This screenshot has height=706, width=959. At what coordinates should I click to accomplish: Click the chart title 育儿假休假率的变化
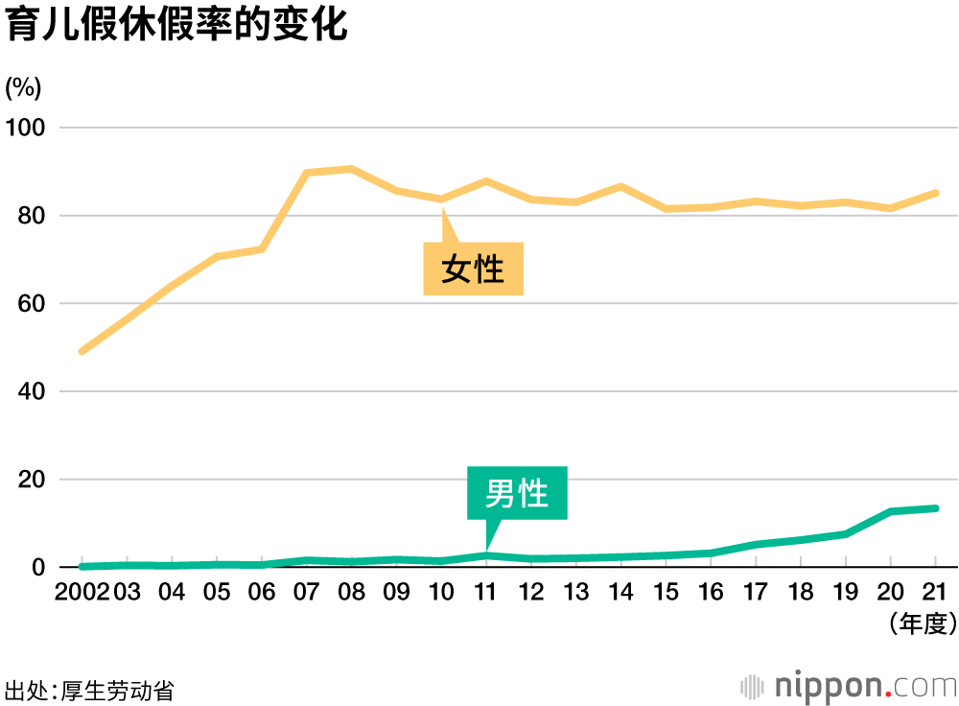tap(176, 26)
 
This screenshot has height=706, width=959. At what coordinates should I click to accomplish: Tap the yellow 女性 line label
tap(473, 269)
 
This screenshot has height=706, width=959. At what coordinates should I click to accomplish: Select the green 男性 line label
tap(517, 493)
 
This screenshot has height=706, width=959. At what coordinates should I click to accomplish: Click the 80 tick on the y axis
tap(32, 216)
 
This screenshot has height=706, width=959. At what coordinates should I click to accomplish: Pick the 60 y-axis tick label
tap(32, 304)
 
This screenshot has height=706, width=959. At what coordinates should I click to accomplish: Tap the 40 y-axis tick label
tap(32, 391)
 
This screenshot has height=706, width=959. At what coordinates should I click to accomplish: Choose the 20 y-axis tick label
tap(32, 480)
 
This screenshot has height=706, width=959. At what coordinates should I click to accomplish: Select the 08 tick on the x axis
tap(351, 591)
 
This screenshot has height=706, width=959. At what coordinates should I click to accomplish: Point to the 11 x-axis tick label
tap(485, 591)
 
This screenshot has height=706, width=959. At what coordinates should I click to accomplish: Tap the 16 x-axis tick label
tap(711, 591)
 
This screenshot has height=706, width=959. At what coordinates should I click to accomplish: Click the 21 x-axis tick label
tap(935, 591)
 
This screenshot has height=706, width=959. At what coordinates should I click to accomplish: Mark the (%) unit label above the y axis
tap(23, 87)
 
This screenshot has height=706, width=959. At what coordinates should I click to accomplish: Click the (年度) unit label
tap(924, 625)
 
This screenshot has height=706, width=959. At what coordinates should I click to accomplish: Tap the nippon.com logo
tap(850, 686)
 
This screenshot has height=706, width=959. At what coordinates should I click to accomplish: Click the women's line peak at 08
tap(351, 169)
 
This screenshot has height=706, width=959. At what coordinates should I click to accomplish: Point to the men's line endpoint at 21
tap(935, 508)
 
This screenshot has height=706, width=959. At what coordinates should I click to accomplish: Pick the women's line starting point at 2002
tap(82, 351)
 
